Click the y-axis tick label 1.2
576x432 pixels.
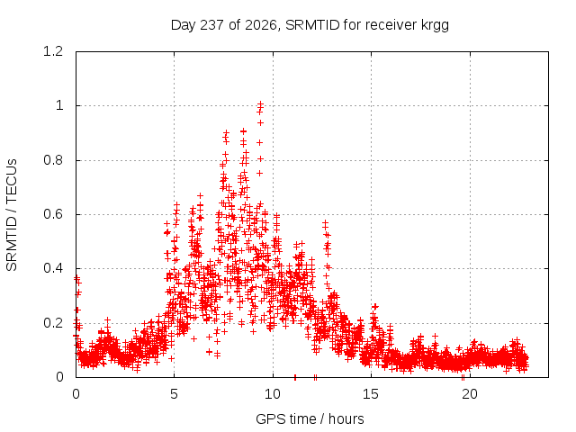click(53, 51)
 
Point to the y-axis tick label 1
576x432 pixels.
click(59, 106)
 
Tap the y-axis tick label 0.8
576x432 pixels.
click(53, 160)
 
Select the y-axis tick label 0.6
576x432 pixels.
click(53, 214)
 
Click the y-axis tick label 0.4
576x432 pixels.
click(53, 268)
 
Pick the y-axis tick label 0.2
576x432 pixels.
click(53, 323)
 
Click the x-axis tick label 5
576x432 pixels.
click(174, 394)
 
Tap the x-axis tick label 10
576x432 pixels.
click(273, 394)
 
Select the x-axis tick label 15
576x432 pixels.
click(371, 394)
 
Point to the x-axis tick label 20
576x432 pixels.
click(470, 394)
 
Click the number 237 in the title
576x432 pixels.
click(212, 25)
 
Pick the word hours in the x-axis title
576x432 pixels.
click(346, 418)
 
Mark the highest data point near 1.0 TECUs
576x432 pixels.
click(260, 104)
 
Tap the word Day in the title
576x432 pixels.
click(184, 26)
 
